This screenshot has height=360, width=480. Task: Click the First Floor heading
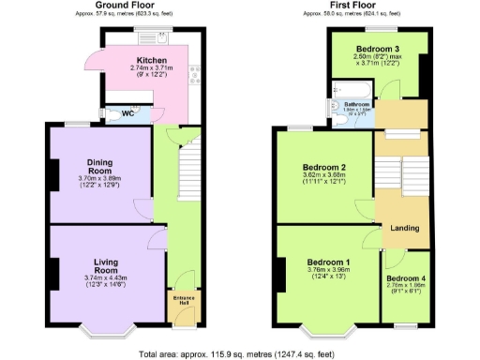click(351, 5)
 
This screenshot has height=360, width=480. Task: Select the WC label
click(127, 113)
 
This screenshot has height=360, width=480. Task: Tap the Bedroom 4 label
click(406, 279)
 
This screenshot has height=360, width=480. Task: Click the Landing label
click(404, 228)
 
